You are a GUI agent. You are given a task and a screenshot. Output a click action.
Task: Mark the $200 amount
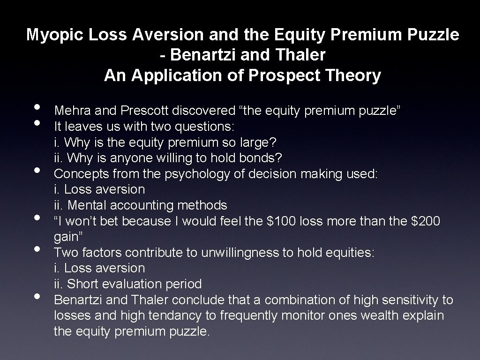pyautogui.click(x=424, y=221)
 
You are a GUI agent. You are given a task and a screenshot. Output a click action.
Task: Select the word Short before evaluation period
pyautogui.click(x=82, y=284)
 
